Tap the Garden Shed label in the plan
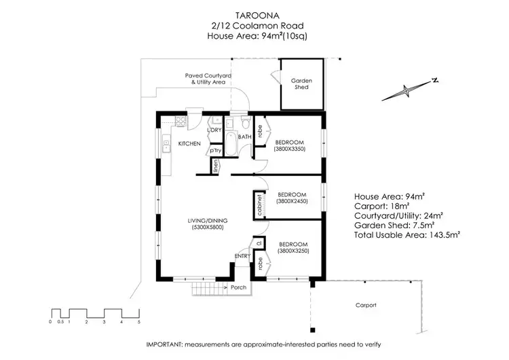coord(302,84)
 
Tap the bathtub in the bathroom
coord(231,145)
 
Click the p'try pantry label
coord(216,150)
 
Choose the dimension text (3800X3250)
coord(294,250)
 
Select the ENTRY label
coord(242,256)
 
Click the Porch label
coord(238,287)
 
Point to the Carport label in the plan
coord(366,305)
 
